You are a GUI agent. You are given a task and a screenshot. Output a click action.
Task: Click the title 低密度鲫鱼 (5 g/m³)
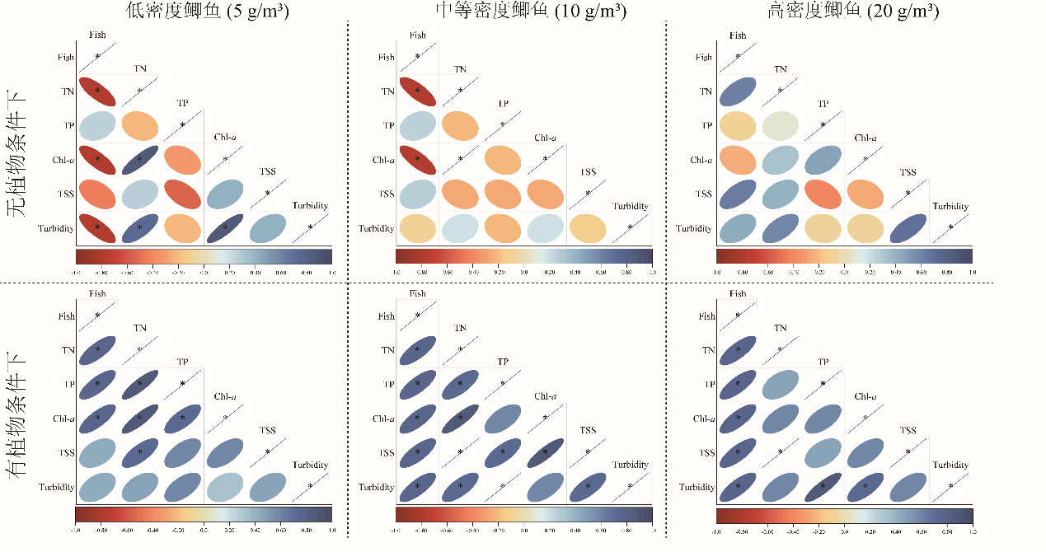(x=207, y=12)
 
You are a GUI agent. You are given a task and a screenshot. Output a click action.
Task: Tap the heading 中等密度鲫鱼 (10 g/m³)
(x=530, y=12)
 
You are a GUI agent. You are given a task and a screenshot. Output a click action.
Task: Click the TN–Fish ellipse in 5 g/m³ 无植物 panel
(x=97, y=91)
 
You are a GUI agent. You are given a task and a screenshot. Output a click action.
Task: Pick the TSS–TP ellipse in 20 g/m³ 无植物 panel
(x=823, y=194)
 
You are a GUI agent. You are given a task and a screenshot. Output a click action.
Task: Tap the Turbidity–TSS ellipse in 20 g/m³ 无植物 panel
(x=908, y=228)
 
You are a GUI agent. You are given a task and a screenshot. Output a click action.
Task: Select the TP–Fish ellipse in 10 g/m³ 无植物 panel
(x=417, y=125)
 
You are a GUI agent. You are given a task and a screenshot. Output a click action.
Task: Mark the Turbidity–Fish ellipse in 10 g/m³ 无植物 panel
(x=417, y=228)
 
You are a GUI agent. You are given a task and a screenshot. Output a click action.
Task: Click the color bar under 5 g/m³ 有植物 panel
(x=204, y=515)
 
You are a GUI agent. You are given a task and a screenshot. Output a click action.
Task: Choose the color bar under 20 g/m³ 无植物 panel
(x=844, y=255)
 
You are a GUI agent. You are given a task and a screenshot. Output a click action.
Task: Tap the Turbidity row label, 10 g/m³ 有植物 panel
(x=376, y=488)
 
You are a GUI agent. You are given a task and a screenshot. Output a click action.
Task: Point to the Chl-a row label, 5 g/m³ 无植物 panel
(x=62, y=160)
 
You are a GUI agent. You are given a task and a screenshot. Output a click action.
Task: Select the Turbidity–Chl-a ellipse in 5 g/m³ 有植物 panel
(x=225, y=487)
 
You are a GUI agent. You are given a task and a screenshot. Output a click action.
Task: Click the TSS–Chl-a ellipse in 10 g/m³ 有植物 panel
(x=545, y=452)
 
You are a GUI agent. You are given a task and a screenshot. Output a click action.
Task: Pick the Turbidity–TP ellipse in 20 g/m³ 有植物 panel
(x=823, y=487)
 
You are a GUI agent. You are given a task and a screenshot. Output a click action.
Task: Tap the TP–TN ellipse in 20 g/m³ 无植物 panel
(x=780, y=125)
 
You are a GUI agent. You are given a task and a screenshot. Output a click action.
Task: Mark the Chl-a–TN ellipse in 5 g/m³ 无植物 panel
(x=139, y=160)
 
